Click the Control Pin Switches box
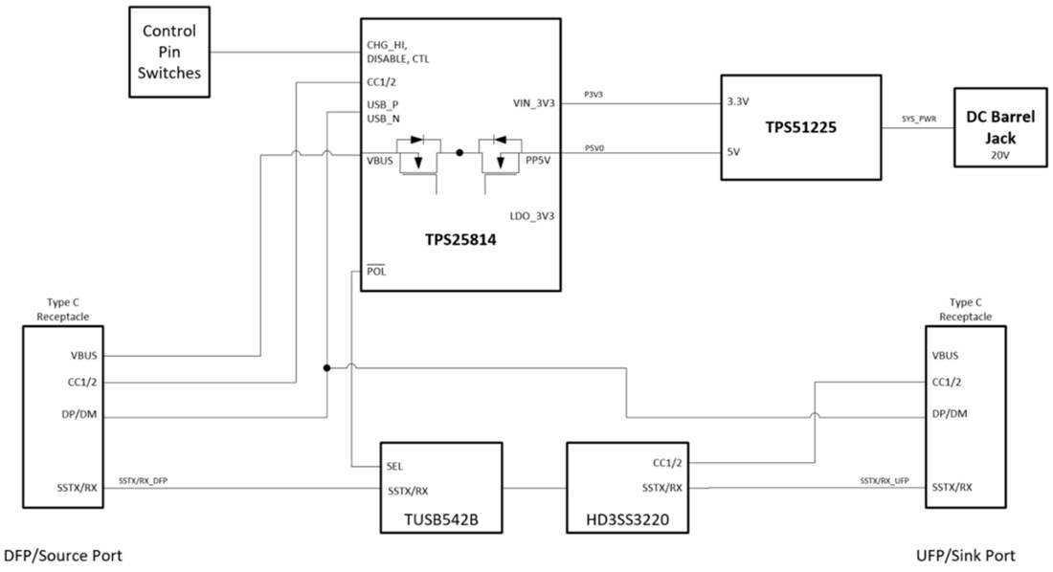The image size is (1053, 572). click(x=169, y=52)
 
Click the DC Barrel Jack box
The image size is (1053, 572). click(x=999, y=127)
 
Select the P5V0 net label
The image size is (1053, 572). click(x=595, y=146)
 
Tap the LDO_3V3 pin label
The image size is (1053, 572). click(x=531, y=216)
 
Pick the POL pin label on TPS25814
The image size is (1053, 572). click(x=376, y=271)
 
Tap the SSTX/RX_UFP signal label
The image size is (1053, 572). click(x=885, y=479)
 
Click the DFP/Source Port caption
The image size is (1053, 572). click(x=63, y=556)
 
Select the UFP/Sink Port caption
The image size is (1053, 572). click(x=966, y=556)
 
